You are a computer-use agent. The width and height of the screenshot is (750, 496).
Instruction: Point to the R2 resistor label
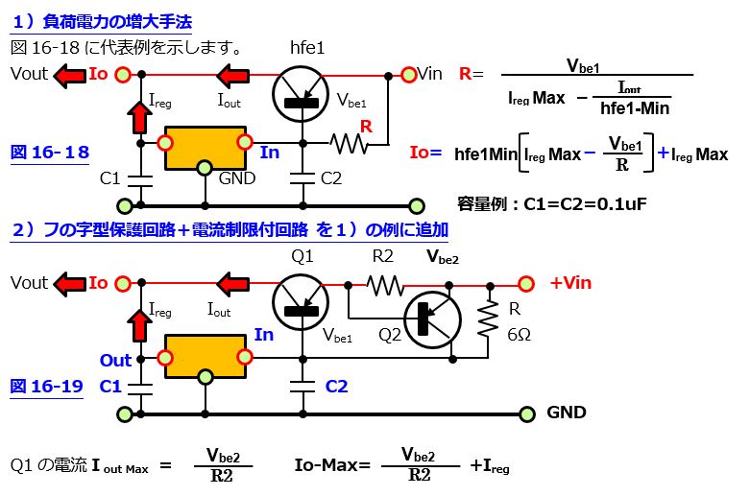(382, 256)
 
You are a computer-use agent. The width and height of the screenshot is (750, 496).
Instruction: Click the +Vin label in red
(570, 283)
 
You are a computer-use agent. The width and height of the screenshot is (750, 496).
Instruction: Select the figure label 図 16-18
(49, 153)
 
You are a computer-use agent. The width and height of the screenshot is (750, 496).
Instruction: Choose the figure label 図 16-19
(46, 386)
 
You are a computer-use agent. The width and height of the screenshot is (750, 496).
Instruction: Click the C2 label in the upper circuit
(331, 177)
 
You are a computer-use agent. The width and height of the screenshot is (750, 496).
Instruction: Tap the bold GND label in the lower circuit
(567, 413)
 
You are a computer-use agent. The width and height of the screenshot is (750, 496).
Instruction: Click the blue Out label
(115, 361)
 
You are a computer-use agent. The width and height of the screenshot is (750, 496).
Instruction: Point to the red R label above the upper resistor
(365, 126)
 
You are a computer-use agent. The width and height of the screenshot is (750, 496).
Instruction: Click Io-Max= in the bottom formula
(331, 465)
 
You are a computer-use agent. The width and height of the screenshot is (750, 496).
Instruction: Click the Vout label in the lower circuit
(29, 283)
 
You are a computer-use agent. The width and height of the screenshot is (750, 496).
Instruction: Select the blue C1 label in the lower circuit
(110, 386)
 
